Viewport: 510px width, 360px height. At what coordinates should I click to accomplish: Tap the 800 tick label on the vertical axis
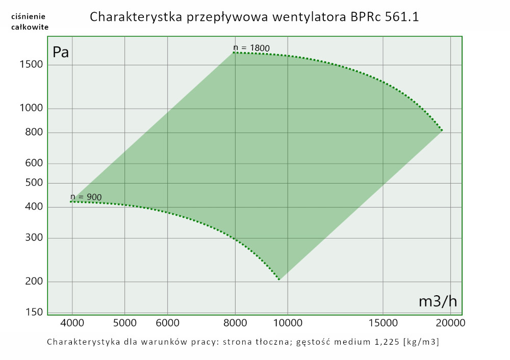[x=33, y=133]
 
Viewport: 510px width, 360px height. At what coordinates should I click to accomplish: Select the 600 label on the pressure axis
[x=33, y=164]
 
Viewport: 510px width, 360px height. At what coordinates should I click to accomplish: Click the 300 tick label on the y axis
[x=33, y=238]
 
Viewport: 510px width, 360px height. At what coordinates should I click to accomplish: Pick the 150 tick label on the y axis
[x=33, y=312]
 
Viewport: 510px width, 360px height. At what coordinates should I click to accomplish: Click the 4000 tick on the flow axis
[x=72, y=323]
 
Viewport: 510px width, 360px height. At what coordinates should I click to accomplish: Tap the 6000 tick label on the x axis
[x=168, y=323]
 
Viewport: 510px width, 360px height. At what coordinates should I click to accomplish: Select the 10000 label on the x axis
[x=288, y=323]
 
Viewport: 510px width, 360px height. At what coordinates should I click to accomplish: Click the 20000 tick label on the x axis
[x=449, y=323]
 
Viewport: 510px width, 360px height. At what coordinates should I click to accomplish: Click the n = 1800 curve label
[x=251, y=48]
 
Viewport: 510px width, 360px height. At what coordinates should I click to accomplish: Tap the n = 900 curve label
[x=86, y=197]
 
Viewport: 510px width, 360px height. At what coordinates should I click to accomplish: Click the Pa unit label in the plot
[x=61, y=52]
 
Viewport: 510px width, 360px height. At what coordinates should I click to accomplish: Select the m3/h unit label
[x=438, y=301]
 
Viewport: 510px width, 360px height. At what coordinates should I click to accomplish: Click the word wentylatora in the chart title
[x=311, y=17]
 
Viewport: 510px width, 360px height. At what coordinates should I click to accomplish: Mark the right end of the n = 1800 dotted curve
[x=442, y=131]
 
